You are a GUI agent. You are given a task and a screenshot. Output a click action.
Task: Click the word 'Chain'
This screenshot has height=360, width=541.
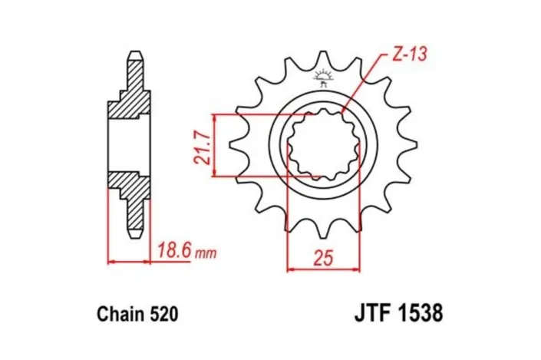pos(121,314)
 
